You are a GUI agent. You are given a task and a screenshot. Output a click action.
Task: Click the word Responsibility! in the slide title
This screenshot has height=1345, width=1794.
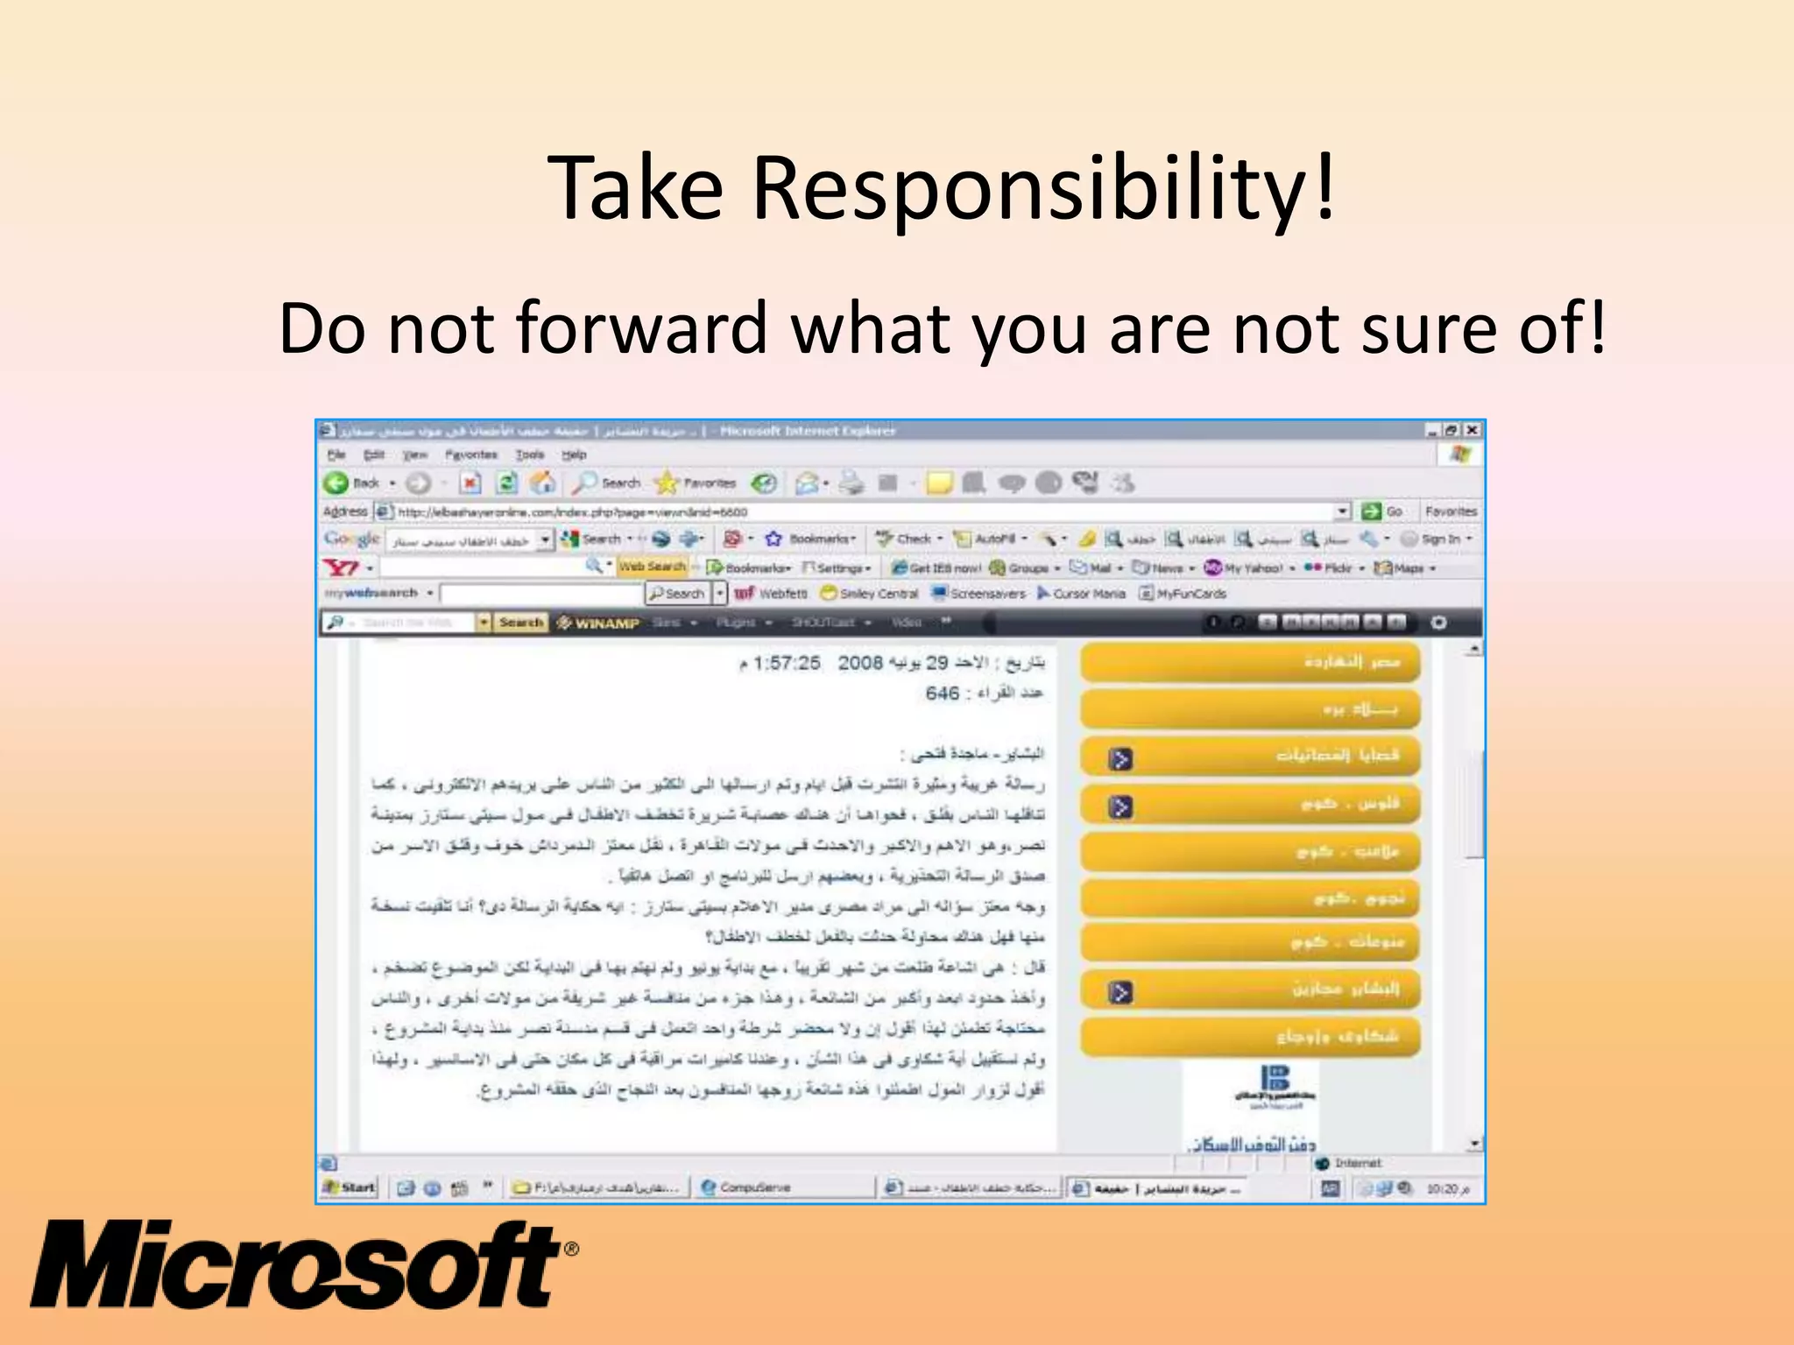(1043, 188)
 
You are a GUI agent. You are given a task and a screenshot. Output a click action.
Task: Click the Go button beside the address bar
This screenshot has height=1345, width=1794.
(1384, 511)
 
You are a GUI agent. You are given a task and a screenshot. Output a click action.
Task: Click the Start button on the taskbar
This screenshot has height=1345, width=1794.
(350, 1187)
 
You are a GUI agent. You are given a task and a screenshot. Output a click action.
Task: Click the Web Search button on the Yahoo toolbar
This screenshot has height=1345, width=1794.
(653, 567)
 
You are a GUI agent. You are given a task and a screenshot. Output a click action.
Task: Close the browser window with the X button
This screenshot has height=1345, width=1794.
(1473, 430)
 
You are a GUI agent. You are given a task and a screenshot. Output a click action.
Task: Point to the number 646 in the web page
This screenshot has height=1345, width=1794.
(943, 694)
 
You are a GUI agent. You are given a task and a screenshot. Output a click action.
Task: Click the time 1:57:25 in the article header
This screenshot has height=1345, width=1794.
(787, 664)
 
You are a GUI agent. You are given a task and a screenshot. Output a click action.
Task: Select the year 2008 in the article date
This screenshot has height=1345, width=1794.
(860, 664)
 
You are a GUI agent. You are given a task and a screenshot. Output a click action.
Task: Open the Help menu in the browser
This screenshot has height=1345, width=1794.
(574, 454)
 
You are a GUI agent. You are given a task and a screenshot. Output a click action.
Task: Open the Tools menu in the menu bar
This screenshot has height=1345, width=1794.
(530, 454)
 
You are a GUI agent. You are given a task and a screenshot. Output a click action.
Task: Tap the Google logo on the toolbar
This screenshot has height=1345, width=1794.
(351, 539)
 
